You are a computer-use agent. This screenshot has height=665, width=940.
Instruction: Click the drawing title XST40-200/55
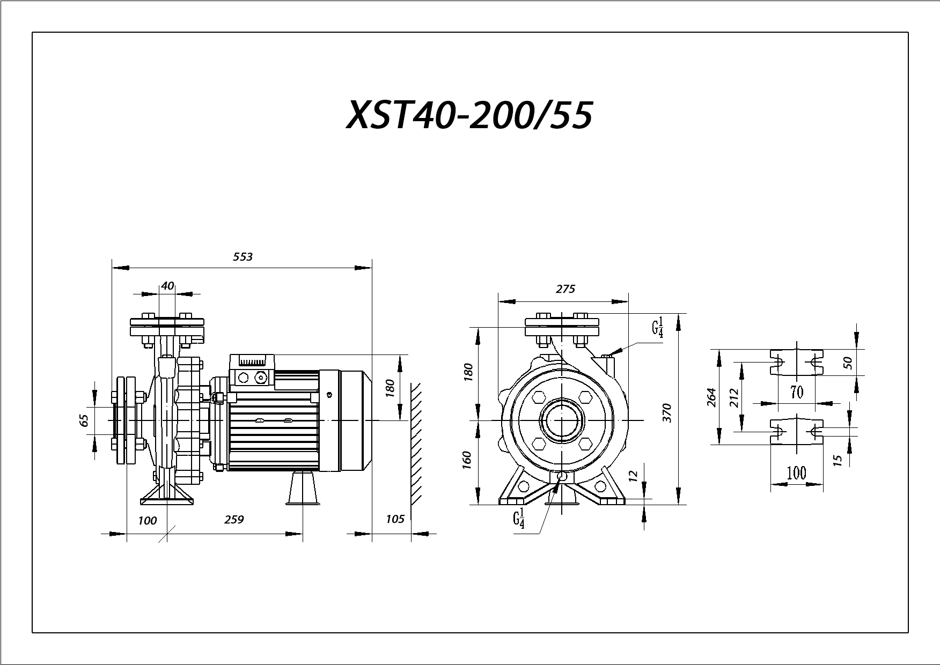[469, 115]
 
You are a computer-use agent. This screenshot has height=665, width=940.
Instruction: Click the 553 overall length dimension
[243, 257]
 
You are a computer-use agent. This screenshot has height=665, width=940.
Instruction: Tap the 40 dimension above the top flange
[167, 286]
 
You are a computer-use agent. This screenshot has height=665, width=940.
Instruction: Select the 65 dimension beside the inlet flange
[84, 420]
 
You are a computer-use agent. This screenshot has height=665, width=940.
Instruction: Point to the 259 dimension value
[234, 520]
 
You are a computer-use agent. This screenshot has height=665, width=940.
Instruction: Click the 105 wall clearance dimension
[395, 519]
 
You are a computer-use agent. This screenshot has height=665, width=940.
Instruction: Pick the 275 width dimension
[566, 289]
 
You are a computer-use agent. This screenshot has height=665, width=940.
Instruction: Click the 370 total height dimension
[667, 413]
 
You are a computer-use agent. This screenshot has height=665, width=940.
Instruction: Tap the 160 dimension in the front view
[466, 461]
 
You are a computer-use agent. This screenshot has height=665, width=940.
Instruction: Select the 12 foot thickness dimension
[634, 475]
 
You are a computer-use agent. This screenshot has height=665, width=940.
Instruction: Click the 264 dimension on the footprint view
[713, 397]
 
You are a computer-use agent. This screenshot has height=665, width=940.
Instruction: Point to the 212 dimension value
[735, 398]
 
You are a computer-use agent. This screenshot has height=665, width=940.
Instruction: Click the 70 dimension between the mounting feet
[797, 393]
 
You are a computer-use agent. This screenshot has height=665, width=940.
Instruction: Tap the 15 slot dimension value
[838, 460]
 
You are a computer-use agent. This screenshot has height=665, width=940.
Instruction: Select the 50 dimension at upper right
[848, 363]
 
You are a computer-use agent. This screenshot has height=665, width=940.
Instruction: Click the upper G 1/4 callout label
[658, 327]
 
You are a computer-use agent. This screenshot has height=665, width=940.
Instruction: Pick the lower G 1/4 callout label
[519, 520]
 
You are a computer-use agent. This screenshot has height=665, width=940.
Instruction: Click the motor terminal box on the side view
[252, 371]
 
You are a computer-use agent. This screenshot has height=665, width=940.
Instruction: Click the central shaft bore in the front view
[561, 421]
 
